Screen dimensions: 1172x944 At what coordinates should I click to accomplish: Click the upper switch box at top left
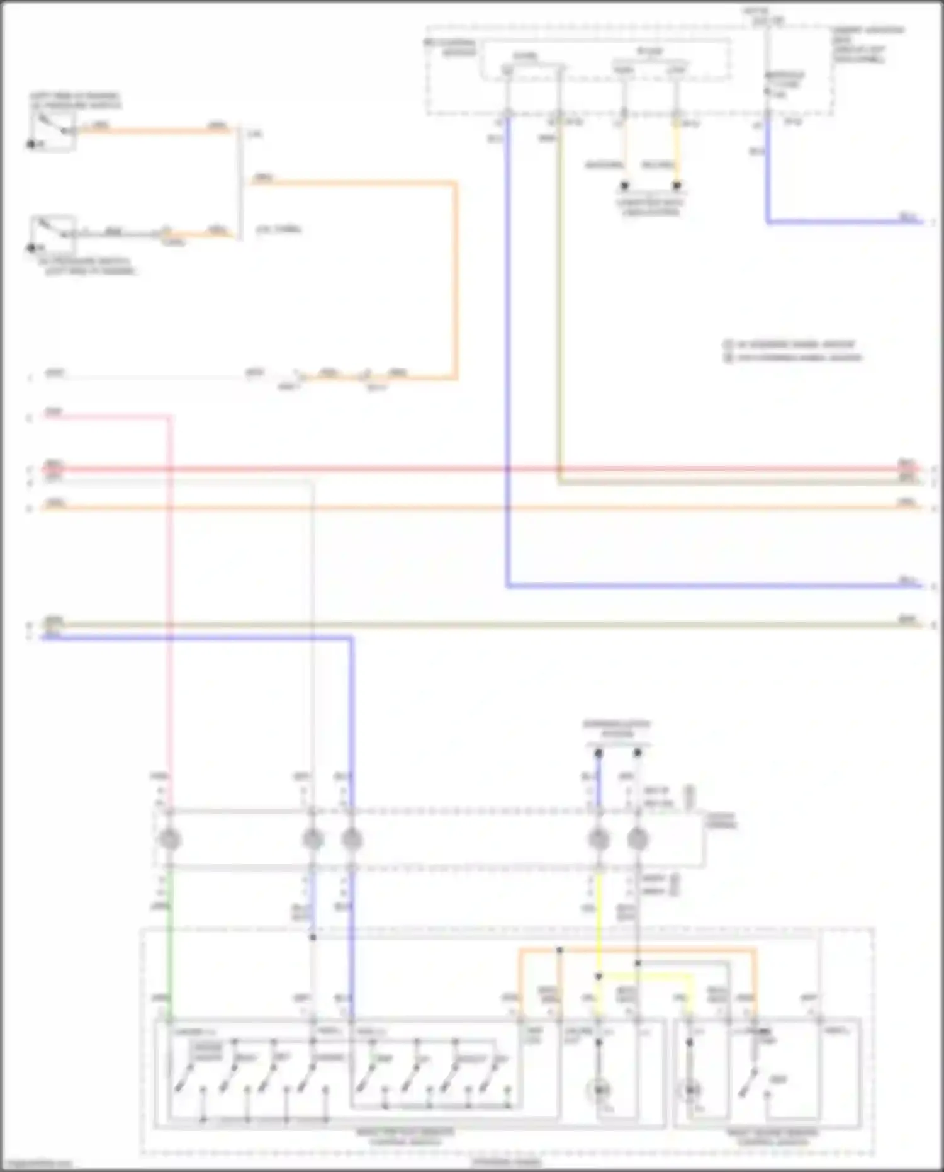(54, 130)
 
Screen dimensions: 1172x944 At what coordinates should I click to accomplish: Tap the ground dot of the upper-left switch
(30, 144)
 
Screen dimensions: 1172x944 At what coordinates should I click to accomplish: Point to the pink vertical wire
(169, 598)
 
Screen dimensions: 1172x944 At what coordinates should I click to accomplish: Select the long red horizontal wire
(478, 469)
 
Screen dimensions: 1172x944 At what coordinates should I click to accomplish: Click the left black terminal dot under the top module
(624, 186)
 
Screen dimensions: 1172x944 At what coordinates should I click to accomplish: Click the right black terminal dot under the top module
(677, 186)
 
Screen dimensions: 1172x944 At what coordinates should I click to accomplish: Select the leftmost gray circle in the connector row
(170, 839)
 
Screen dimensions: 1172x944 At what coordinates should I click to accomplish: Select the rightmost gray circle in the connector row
(638, 839)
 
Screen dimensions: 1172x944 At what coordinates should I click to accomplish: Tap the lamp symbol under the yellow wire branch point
(599, 1089)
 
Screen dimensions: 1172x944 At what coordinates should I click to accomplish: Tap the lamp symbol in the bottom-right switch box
(692, 1089)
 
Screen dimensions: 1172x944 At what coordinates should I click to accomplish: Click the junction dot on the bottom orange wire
(559, 949)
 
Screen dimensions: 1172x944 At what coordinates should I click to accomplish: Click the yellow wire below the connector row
(598, 907)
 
